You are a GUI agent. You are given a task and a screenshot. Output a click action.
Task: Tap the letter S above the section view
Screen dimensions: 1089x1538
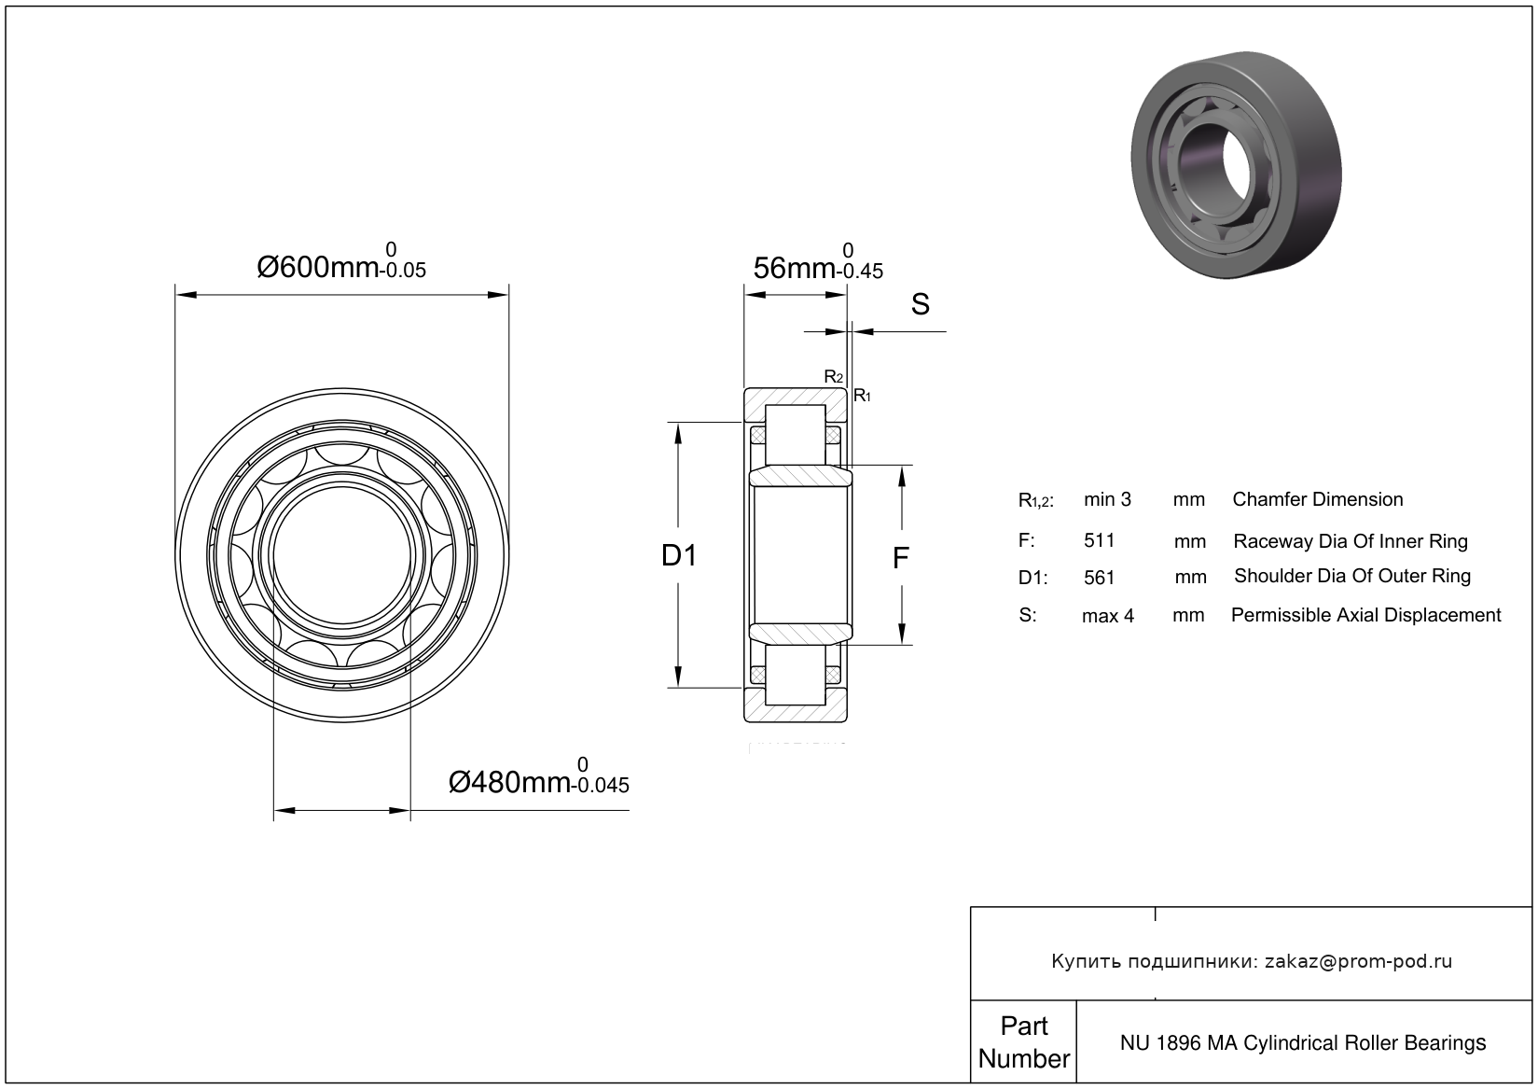coord(920,304)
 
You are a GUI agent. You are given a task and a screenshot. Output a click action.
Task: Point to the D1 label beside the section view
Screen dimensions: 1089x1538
coord(679,556)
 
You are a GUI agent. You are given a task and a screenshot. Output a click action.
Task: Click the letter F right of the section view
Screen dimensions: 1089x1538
coord(900,558)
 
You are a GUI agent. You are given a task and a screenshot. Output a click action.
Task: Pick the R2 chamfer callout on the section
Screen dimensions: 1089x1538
coord(833,377)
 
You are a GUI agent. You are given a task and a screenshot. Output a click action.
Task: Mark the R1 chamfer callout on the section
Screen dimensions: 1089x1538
coord(862,396)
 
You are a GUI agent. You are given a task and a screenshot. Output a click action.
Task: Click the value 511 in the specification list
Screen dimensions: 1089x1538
coord(1099,540)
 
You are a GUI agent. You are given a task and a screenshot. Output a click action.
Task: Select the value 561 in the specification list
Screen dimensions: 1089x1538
coord(1099,578)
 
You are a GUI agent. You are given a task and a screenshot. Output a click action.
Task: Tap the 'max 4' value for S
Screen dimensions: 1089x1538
coord(1107,616)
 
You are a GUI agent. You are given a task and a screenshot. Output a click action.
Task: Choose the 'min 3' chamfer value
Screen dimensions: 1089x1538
coord(1107,499)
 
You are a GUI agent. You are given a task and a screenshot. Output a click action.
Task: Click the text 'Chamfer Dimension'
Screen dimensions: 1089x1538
coord(1317,499)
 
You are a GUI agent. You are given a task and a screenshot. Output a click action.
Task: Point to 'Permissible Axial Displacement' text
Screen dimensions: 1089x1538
coord(1365,615)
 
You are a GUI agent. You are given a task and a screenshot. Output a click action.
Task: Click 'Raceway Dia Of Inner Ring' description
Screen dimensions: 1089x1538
coord(1350,541)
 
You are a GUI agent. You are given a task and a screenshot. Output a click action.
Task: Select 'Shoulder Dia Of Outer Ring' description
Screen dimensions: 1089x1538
coord(1351,576)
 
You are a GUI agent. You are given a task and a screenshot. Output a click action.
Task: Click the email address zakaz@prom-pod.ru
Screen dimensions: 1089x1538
coord(1357,961)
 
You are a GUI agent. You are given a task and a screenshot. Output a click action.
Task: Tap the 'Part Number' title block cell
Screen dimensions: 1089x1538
coord(1023,1042)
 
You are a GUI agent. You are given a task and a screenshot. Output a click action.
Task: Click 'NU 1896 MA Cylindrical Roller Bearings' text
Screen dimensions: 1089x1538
coord(1302,1042)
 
